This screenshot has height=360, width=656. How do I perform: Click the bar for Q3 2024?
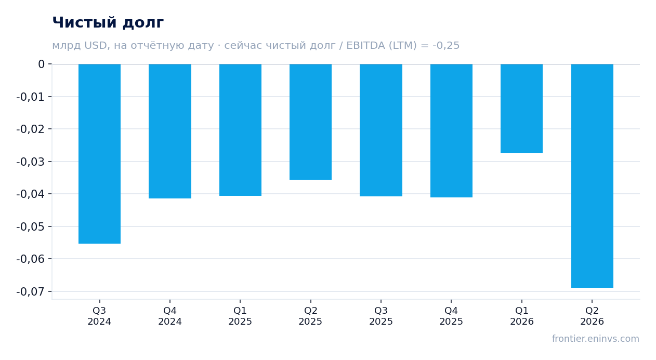[x=100, y=154]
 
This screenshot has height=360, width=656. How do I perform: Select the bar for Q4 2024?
[x=170, y=131]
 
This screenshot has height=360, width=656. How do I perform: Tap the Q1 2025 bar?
[x=241, y=130]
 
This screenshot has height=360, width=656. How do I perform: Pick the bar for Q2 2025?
[x=310, y=122]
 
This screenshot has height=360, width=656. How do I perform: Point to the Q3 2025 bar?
[x=381, y=130]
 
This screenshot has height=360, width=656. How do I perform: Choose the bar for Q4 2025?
[x=451, y=131]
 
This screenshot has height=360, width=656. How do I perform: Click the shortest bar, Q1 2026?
[x=521, y=109]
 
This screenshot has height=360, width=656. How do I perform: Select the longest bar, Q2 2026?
[x=592, y=176]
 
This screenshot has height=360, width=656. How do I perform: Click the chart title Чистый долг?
[x=108, y=23]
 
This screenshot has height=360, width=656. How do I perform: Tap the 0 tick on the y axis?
[x=41, y=64]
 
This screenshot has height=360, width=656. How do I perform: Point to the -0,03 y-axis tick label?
[x=31, y=162]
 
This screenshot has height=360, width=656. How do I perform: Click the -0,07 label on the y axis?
[x=31, y=291]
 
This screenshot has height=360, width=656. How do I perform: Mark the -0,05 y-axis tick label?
[x=31, y=226]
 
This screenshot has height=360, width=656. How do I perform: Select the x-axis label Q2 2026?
[x=592, y=316]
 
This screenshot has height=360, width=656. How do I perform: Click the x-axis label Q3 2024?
[x=99, y=316]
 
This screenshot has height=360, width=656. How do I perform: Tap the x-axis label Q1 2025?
[x=240, y=316]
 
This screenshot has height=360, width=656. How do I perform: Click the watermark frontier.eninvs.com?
[x=595, y=339]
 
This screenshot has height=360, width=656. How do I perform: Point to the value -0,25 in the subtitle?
[x=446, y=45]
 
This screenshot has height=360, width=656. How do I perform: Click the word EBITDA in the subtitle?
[x=365, y=45]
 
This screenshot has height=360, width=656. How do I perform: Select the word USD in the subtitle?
[x=96, y=45]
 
